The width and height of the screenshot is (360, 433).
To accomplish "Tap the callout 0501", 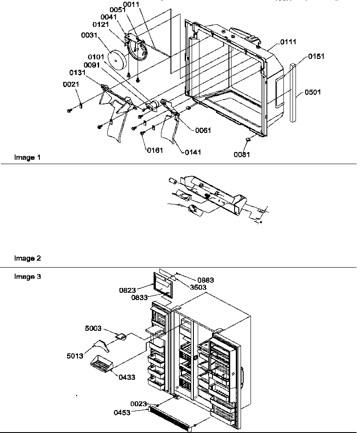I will coord(313,92).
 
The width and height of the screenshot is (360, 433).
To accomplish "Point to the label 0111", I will coord(288,42).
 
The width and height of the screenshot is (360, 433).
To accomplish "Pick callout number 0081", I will coord(242,155).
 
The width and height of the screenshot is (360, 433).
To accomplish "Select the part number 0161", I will coord(154,150).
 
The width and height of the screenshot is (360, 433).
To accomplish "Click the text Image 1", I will coord(27,158).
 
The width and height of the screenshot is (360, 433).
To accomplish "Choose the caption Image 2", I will coord(27,259).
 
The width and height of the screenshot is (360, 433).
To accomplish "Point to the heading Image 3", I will coord(27,276).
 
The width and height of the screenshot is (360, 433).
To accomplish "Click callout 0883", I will coord(206,280).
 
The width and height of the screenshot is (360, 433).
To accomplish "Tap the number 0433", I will coord(127,377).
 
